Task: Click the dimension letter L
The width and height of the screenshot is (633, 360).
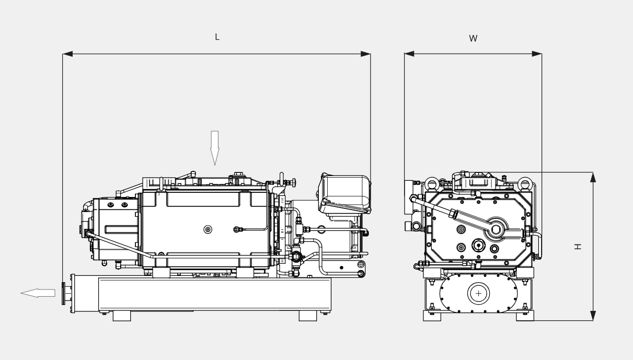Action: point(217,37)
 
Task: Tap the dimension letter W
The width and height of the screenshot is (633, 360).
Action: point(473,39)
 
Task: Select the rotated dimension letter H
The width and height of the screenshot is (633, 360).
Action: point(577,246)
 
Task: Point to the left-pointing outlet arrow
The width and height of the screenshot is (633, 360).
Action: point(38,293)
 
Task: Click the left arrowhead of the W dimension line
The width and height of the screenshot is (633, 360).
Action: point(409,54)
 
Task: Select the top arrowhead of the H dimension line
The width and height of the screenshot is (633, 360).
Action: point(593,177)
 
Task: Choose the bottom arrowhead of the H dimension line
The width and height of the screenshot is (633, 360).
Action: point(593,316)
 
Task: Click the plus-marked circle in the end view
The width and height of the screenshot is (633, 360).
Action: point(478,294)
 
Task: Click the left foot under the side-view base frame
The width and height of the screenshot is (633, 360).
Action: point(122,316)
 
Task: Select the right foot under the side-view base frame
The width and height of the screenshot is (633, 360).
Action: point(308,316)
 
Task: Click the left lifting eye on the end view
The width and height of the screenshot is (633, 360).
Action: point(433,183)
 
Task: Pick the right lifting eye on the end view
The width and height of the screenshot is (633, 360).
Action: point(524,183)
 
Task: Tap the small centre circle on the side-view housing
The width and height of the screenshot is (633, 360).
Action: point(208,229)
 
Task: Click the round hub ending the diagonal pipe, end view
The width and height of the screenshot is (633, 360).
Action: point(496,229)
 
